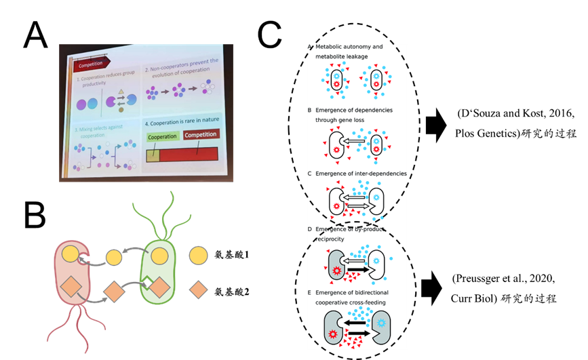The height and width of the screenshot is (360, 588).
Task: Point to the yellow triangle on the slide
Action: click(121, 92)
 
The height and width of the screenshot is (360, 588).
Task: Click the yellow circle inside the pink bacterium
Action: click(71, 256)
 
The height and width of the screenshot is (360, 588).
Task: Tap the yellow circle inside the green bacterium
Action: click(159, 256)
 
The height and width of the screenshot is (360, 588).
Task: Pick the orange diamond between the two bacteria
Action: click(115, 293)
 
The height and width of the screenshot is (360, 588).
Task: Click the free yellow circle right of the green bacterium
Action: click(197, 256)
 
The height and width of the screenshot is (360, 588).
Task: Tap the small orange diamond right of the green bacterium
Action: click(198, 290)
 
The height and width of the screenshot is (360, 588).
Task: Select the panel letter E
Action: click(309, 292)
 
